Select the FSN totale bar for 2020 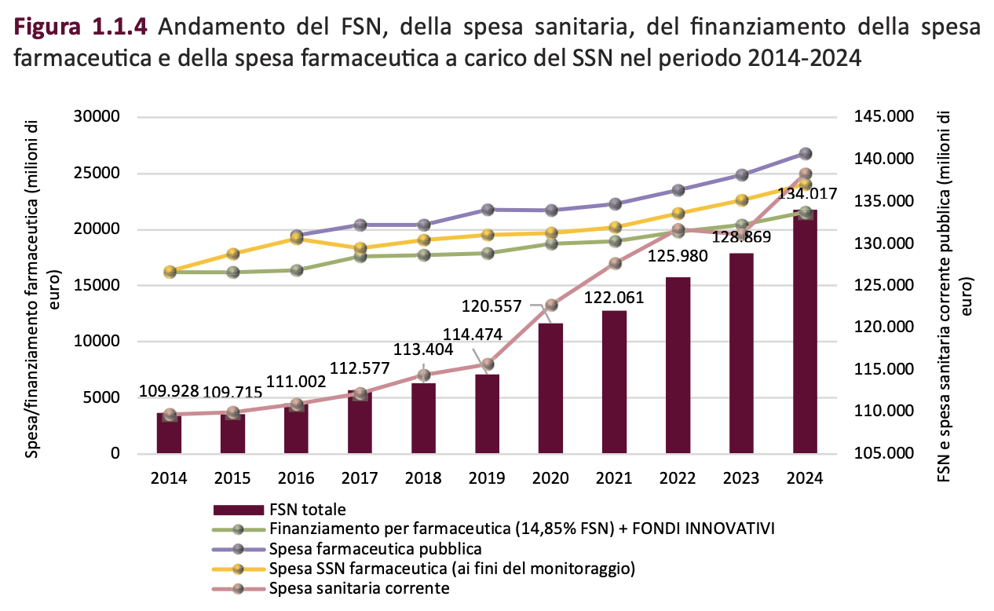[550, 388]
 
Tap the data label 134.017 [806, 194]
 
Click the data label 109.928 [169, 390]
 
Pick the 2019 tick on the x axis [487, 478]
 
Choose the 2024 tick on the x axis [805, 478]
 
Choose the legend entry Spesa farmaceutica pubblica [375, 548]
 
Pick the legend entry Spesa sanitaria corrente [360, 587]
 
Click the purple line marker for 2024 [805, 154]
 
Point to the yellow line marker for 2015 [232, 254]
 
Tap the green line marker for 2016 [296, 270]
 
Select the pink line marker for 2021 [614, 264]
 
